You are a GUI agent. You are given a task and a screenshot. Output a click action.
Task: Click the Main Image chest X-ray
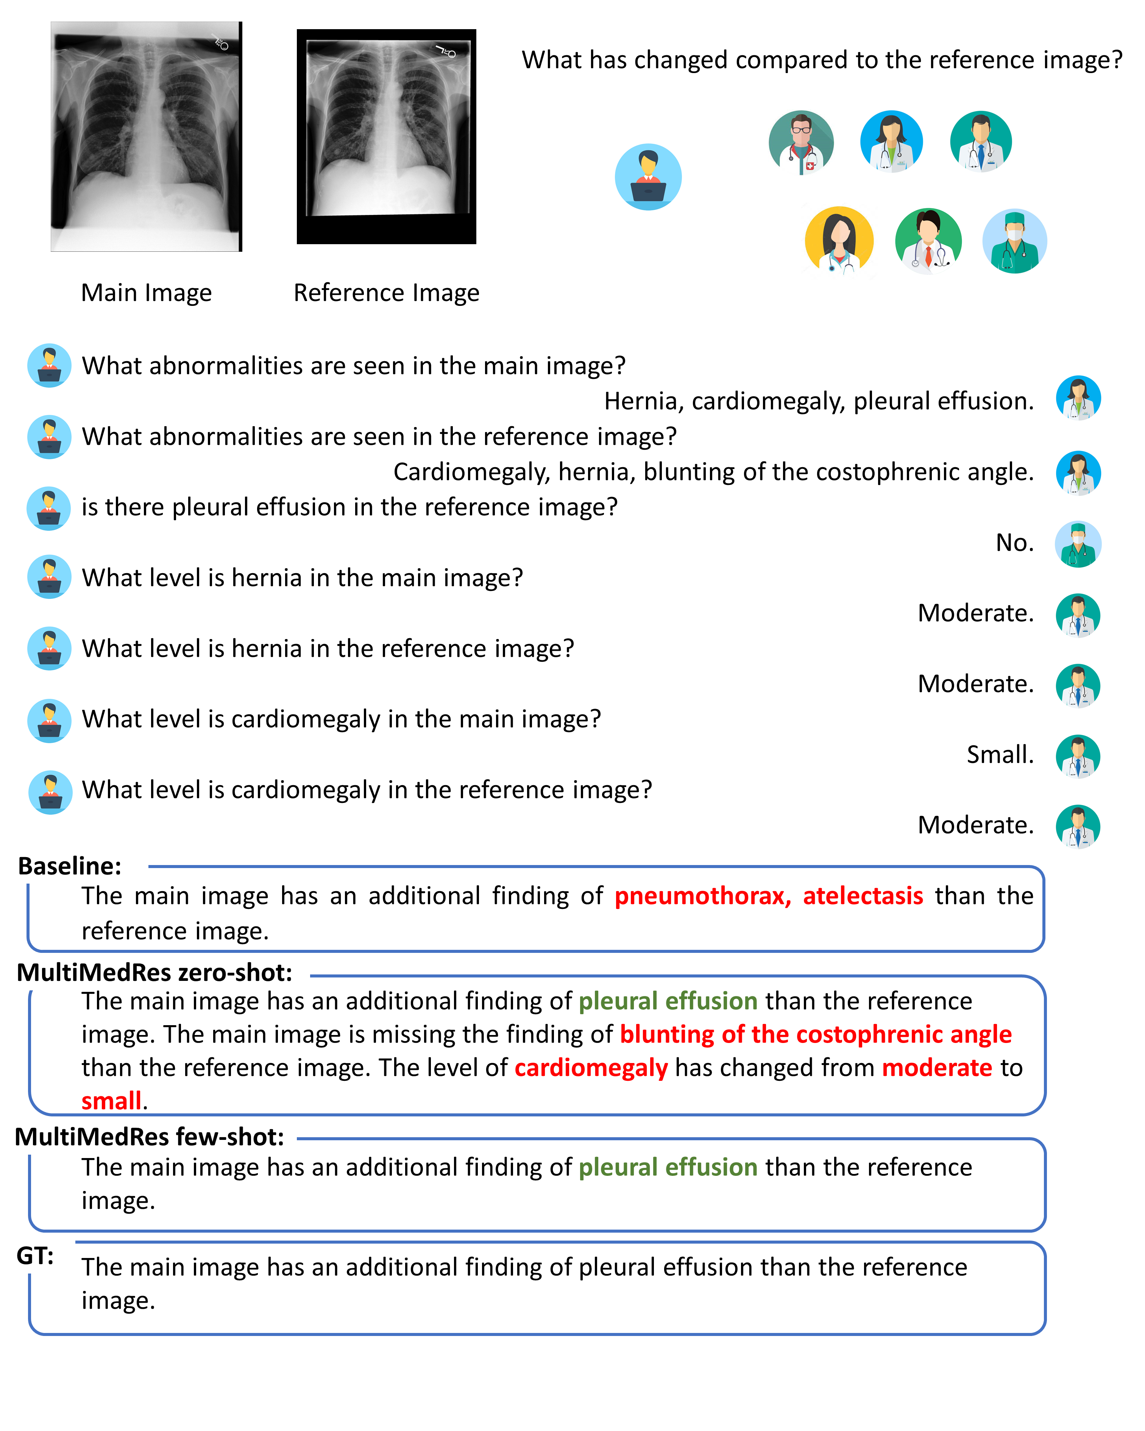coord(146,136)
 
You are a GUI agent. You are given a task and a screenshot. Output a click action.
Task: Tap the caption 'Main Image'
coord(146,293)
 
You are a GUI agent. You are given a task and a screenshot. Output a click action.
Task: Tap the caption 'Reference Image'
coord(386,293)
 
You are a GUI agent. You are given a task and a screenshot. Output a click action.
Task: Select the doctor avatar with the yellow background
coord(839,240)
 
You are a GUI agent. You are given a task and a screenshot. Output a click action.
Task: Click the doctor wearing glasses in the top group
coord(801,142)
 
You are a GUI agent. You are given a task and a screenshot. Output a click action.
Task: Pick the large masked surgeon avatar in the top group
coord(1014,241)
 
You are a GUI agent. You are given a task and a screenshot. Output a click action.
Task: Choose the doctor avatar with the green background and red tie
coord(928,241)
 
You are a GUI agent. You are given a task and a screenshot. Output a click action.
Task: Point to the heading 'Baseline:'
coord(70,866)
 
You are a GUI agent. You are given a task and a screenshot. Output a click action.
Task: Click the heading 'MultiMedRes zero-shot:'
coord(154,973)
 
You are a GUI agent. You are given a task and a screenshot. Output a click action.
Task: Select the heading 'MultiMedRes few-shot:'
coord(149,1137)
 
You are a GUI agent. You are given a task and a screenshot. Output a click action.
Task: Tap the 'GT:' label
coord(34,1256)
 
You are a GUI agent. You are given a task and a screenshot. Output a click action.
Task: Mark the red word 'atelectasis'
coord(863,896)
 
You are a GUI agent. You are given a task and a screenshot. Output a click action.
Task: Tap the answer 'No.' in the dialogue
coord(1014,543)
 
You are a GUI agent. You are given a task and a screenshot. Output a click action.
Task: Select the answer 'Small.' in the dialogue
coord(1000,754)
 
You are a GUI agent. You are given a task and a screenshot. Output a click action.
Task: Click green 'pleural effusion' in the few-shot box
coord(668,1167)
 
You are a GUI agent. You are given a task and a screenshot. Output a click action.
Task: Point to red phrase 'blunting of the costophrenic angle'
coord(815,1034)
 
